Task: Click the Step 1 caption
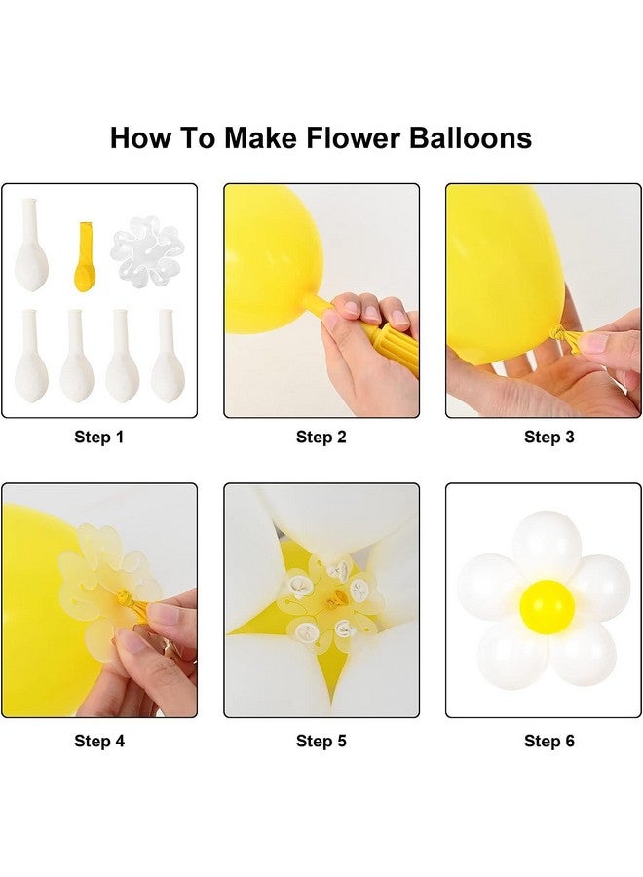99,438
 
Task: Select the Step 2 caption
321,438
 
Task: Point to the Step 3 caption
549,438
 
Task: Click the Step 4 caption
99,742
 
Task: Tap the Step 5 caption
321,742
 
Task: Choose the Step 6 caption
549,742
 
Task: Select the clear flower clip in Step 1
147,248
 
